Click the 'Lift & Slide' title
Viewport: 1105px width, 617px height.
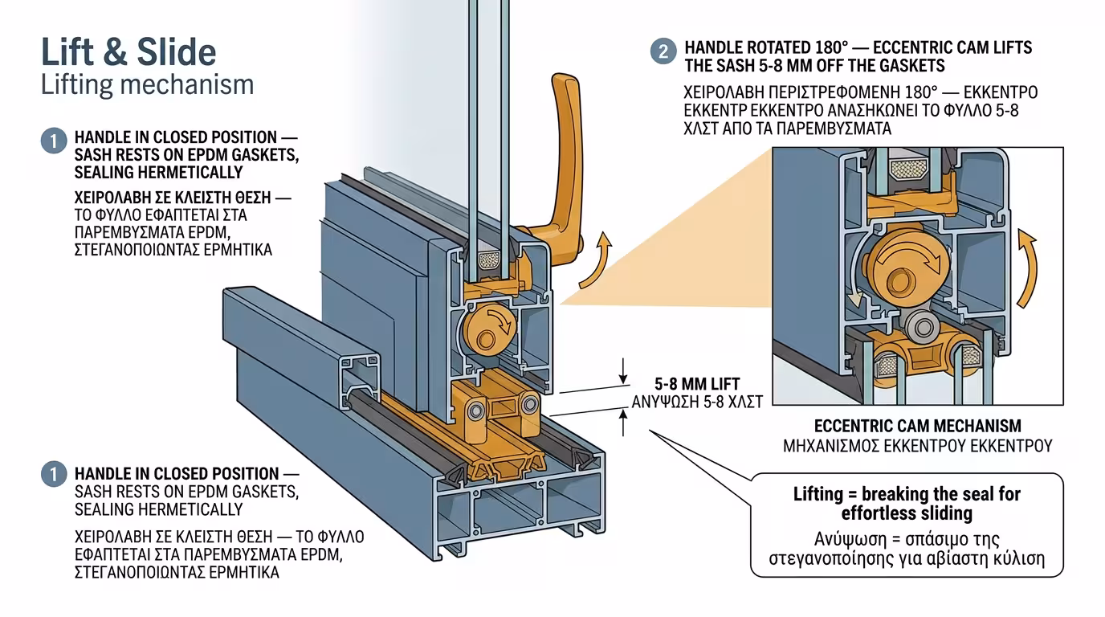click(x=128, y=52)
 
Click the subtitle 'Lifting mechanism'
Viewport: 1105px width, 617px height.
click(x=147, y=85)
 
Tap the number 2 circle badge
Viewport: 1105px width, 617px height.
click(x=663, y=52)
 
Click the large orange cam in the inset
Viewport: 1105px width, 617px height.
click(x=905, y=265)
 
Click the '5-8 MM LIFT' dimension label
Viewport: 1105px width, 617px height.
click(x=697, y=384)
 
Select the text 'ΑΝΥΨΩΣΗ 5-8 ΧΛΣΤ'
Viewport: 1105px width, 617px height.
click(x=697, y=401)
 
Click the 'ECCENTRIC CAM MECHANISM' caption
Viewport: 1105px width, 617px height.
click(x=917, y=426)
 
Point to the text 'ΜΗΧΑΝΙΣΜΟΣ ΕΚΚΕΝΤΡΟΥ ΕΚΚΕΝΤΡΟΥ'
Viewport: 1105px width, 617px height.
click(x=917, y=445)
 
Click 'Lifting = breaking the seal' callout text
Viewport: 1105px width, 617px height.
click(x=907, y=503)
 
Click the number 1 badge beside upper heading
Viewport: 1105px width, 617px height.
click(x=53, y=141)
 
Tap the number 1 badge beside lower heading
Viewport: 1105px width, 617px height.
click(x=53, y=474)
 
